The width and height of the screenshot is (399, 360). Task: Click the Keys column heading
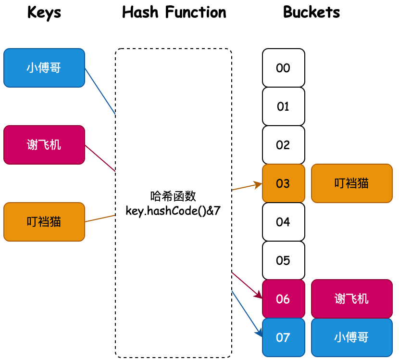[44, 13]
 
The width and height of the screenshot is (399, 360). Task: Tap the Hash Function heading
[174, 13]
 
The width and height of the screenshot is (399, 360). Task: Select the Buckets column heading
[312, 13]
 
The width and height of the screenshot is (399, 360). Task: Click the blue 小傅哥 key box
[44, 68]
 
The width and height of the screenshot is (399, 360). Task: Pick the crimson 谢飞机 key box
[44, 145]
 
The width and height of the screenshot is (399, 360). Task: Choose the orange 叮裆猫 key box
[44, 222]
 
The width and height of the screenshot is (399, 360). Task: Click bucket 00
[284, 68]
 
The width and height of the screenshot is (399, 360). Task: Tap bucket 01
[284, 106]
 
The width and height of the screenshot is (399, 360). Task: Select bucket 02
[284, 145]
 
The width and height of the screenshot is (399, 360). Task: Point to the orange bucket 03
[284, 183]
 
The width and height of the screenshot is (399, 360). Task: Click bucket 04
[284, 222]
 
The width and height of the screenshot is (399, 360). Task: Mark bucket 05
[284, 260]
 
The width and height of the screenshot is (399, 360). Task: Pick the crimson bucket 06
[284, 299]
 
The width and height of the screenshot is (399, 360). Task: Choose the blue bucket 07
[284, 337]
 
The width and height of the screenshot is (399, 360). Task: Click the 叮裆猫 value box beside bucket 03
[352, 183]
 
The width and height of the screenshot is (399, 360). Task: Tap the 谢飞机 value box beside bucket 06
[352, 299]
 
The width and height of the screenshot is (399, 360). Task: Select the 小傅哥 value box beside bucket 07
[352, 337]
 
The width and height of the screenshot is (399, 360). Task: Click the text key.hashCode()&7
[173, 211]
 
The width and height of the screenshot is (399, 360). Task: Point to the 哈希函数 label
[173, 196]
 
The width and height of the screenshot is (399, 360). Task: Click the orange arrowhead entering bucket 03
[259, 184]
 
